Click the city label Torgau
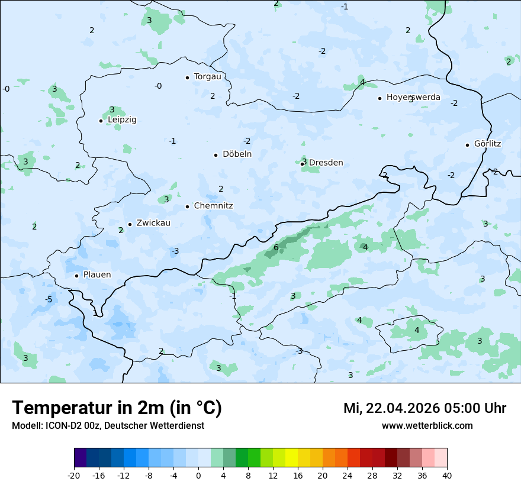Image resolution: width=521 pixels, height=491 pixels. click(x=207, y=77)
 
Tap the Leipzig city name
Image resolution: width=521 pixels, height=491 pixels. click(x=122, y=120)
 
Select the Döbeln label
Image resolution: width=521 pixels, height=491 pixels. click(x=237, y=154)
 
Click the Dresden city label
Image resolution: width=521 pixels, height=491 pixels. click(x=326, y=163)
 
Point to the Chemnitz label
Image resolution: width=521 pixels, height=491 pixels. click(x=213, y=206)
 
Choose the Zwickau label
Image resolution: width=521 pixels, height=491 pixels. click(x=153, y=223)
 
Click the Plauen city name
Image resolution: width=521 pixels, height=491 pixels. click(x=97, y=275)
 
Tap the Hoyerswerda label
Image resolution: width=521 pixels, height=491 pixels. click(x=413, y=97)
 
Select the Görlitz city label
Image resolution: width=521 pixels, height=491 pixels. click(x=487, y=144)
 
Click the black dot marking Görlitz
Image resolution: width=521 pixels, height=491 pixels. click(x=467, y=145)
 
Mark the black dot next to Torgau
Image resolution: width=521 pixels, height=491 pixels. click(x=187, y=77)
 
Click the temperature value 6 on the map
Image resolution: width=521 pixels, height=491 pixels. click(x=276, y=247)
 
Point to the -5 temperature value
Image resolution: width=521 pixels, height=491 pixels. click(x=49, y=299)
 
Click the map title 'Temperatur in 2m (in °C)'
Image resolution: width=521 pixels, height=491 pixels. click(x=117, y=408)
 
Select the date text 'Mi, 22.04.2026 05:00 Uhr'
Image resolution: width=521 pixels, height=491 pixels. click(x=424, y=408)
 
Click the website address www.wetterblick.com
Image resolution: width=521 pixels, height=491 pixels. click(x=427, y=426)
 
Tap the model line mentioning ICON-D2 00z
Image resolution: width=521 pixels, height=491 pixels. click(x=108, y=426)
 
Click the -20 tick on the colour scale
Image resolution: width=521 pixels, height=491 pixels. click(x=74, y=476)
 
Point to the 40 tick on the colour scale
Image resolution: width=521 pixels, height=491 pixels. click(x=446, y=476)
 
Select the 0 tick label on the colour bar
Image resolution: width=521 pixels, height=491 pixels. click(x=198, y=476)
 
